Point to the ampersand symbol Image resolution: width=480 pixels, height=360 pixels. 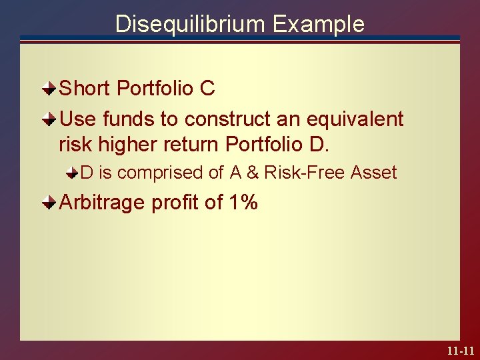tap(253, 173)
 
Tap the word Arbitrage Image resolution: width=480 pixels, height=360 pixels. tap(103, 202)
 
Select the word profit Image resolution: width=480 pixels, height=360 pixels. tap(176, 202)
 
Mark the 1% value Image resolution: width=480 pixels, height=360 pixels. tap(243, 202)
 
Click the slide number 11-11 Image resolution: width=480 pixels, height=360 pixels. tap(461, 350)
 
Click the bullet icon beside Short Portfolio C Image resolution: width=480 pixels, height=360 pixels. tap(49, 87)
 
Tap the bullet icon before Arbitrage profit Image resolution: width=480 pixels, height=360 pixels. tap(49, 201)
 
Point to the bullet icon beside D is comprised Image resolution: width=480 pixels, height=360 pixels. tap(71, 173)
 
